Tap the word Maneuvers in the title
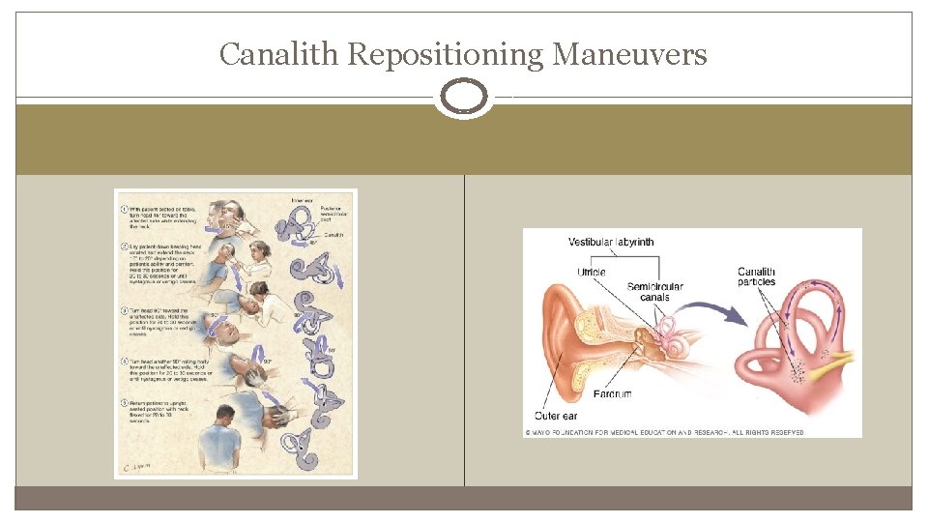(629, 55)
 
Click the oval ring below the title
(464, 98)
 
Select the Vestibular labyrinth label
(611, 242)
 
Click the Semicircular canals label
(656, 292)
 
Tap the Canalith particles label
(757, 276)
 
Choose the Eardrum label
(613, 393)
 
